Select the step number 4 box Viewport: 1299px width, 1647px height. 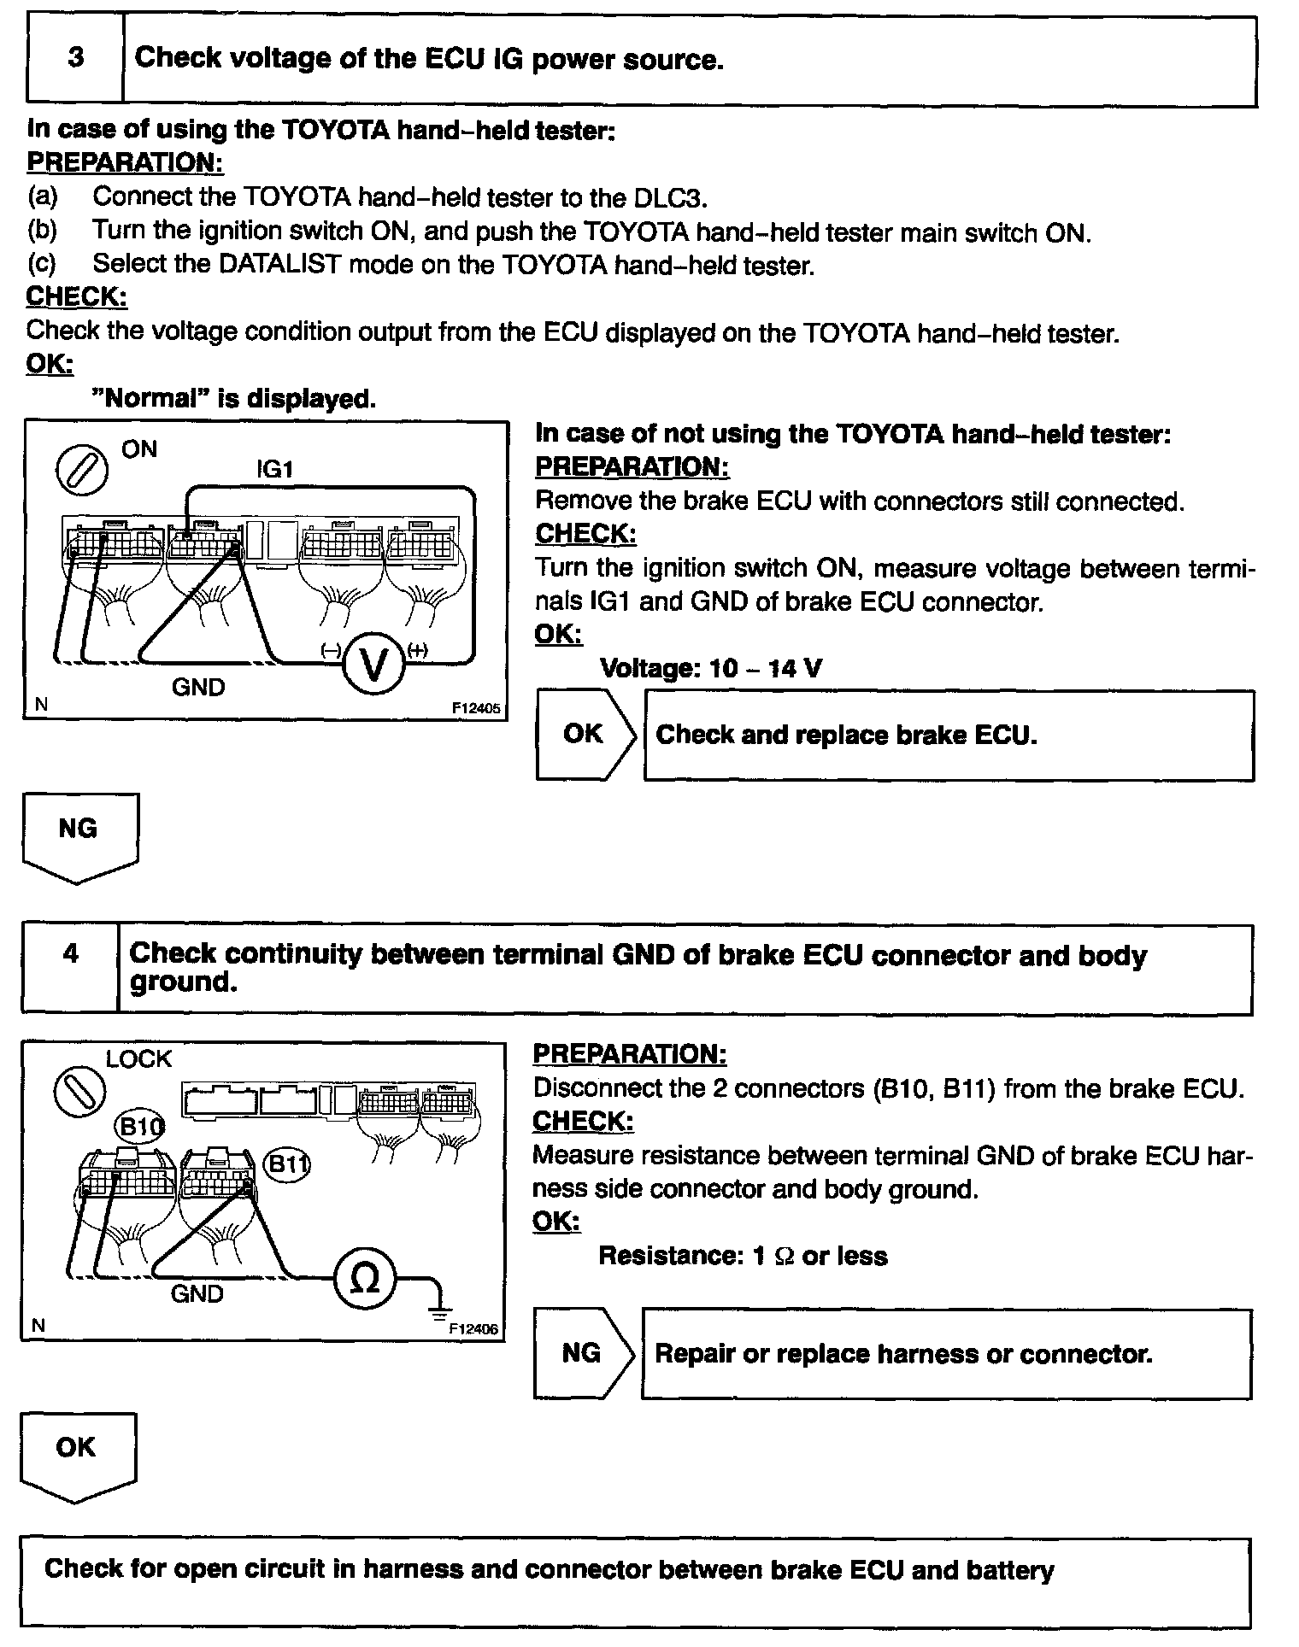[70, 968]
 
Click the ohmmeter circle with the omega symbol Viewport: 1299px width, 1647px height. [365, 1278]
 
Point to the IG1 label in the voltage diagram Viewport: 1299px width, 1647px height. [275, 469]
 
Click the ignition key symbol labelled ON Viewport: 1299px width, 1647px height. [82, 471]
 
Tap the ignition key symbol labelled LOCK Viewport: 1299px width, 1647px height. [79, 1093]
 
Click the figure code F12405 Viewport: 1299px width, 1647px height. [476, 708]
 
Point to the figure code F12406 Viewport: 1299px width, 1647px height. [473, 1329]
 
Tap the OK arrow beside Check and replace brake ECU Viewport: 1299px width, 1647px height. [586, 734]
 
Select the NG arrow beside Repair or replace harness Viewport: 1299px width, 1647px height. [585, 1353]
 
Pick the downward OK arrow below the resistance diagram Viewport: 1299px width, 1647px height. [77, 1456]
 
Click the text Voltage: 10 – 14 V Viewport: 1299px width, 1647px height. [711, 668]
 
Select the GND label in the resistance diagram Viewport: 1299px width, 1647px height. [197, 1294]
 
